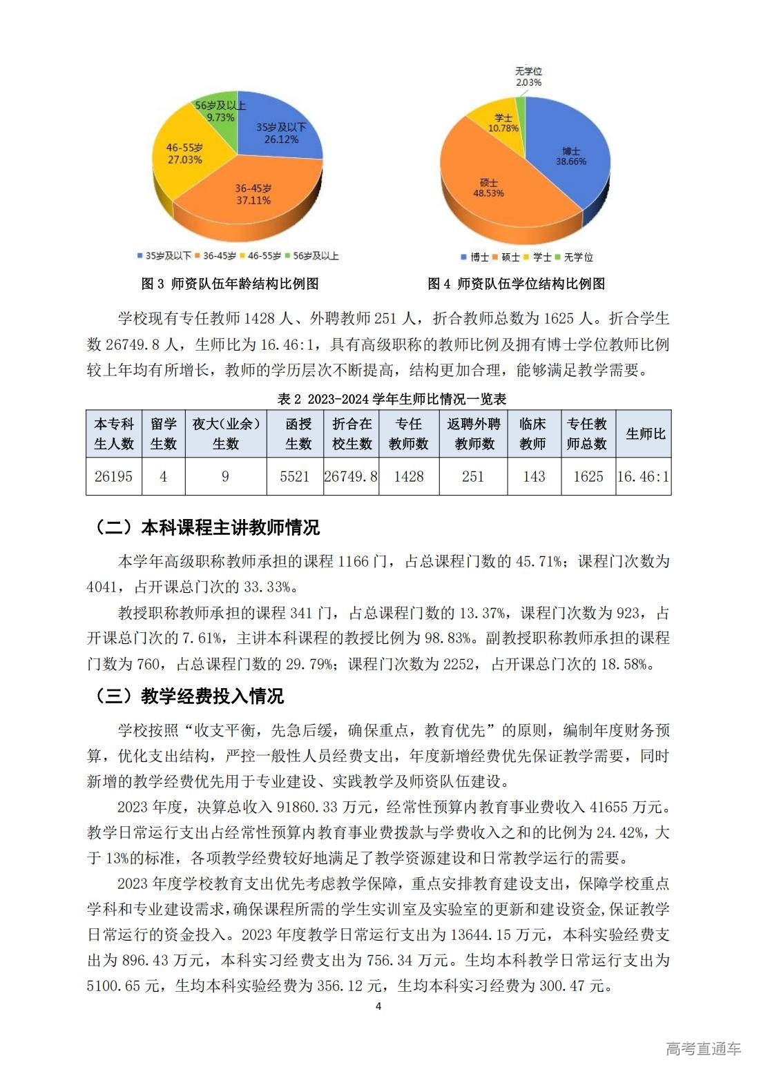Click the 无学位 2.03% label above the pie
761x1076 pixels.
[x=528, y=77]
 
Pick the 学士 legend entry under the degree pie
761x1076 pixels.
[x=538, y=257]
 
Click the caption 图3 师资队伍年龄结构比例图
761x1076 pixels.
[x=229, y=284]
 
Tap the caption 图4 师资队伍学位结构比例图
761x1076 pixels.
[x=516, y=284]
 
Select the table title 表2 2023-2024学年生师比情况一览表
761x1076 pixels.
[x=392, y=399]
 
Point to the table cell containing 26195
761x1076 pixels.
[x=113, y=476]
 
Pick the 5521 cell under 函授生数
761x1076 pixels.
[x=295, y=476]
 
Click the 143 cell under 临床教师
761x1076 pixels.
[x=533, y=476]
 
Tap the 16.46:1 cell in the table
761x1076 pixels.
[x=644, y=476]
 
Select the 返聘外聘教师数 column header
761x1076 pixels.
[x=473, y=433]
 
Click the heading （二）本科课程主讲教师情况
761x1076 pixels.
[x=206, y=528]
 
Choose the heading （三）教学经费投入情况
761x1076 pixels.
[x=188, y=696]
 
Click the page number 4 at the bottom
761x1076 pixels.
[x=378, y=1006]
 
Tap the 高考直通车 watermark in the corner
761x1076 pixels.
[x=703, y=1048]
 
